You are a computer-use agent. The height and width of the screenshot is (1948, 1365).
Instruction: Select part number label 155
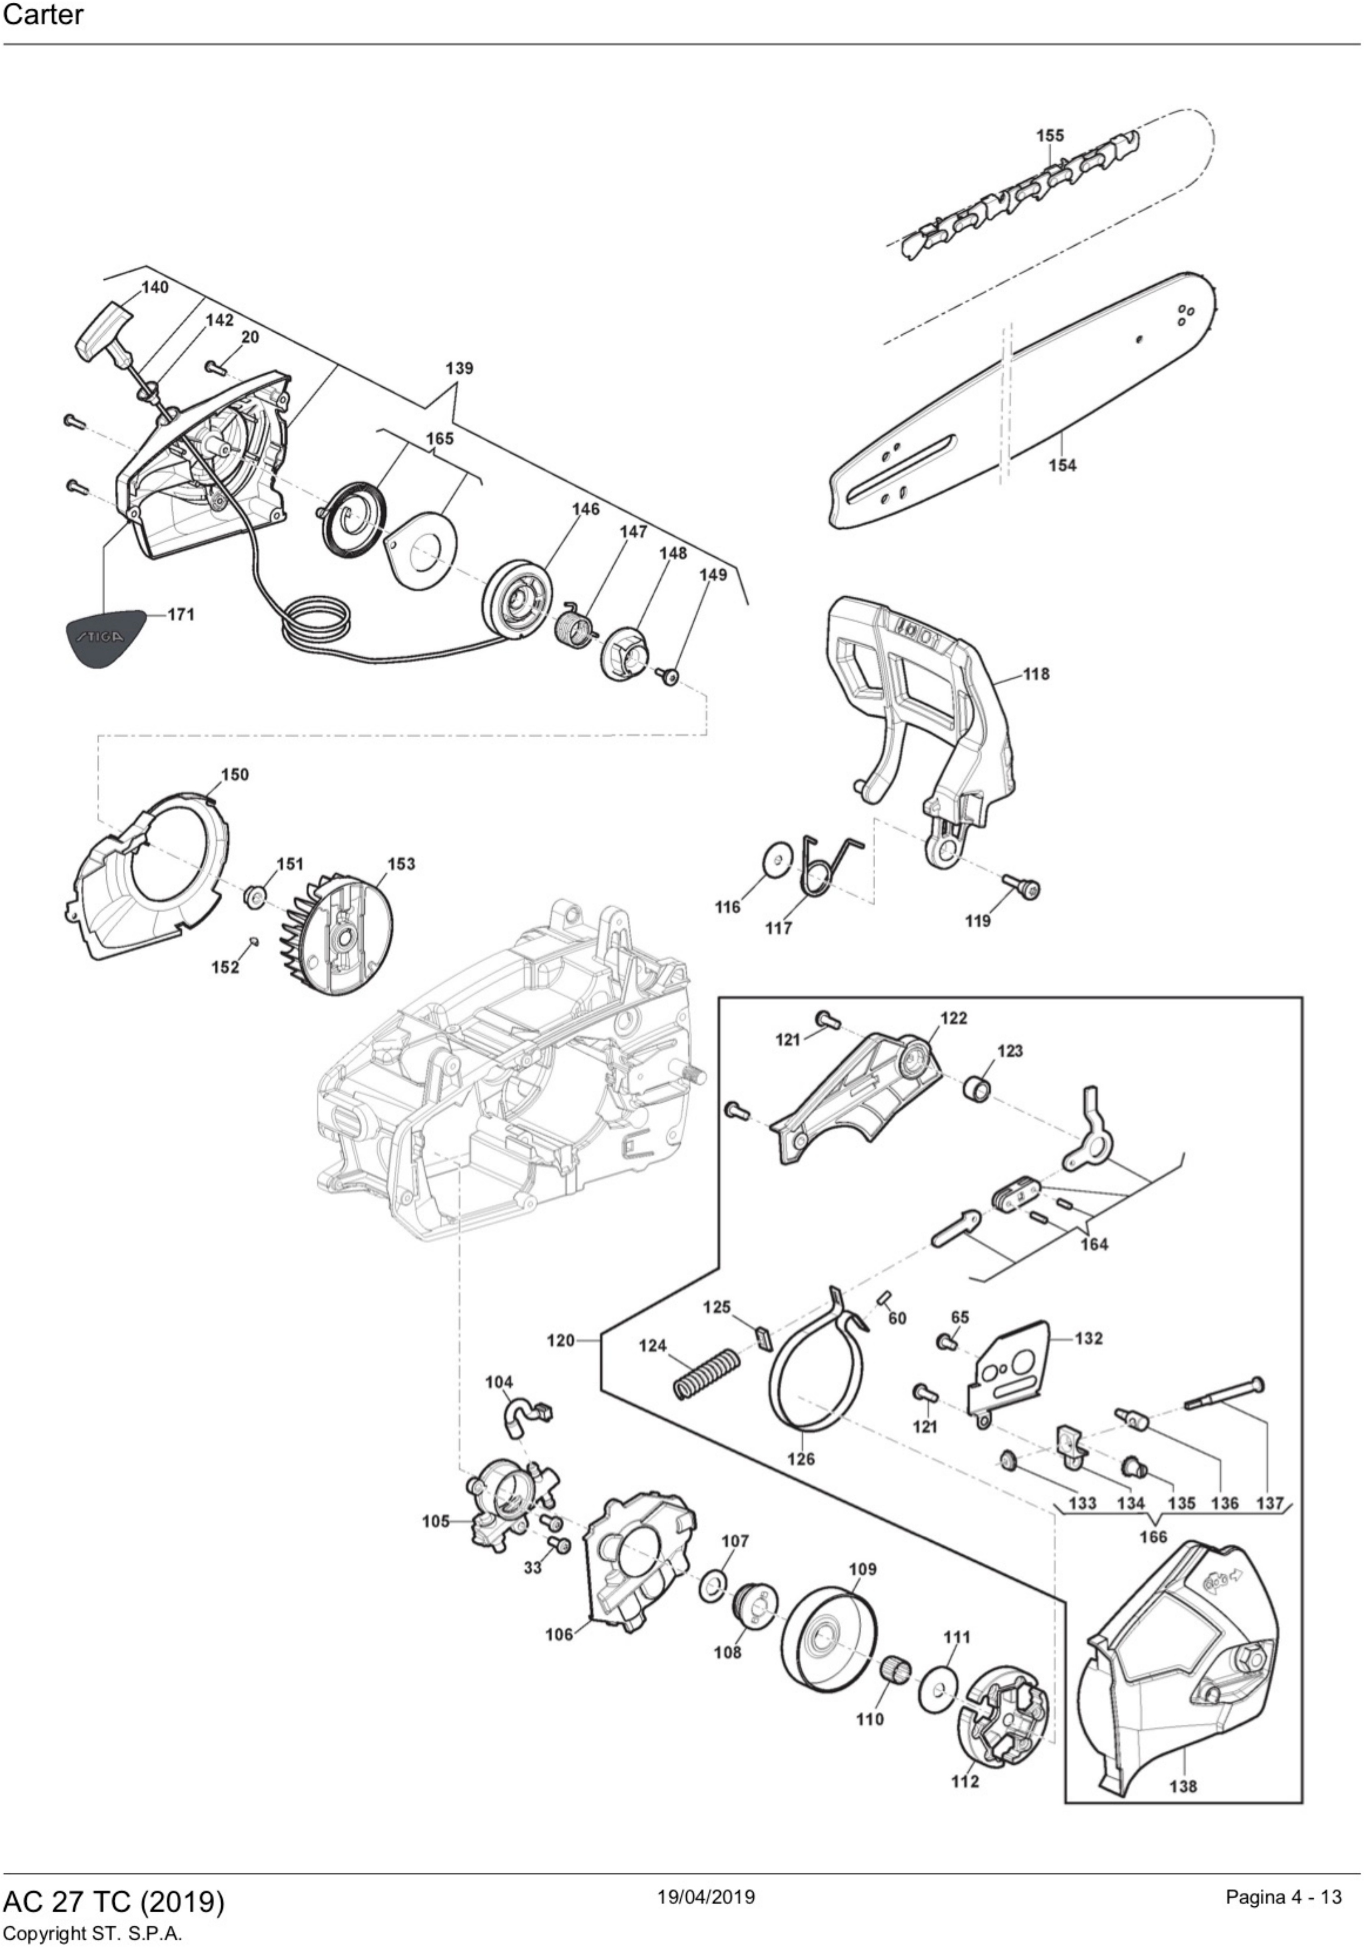pos(1049,136)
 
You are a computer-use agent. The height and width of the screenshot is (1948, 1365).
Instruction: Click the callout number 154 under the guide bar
pos(1062,465)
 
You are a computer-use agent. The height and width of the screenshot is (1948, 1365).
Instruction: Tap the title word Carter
pos(43,15)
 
